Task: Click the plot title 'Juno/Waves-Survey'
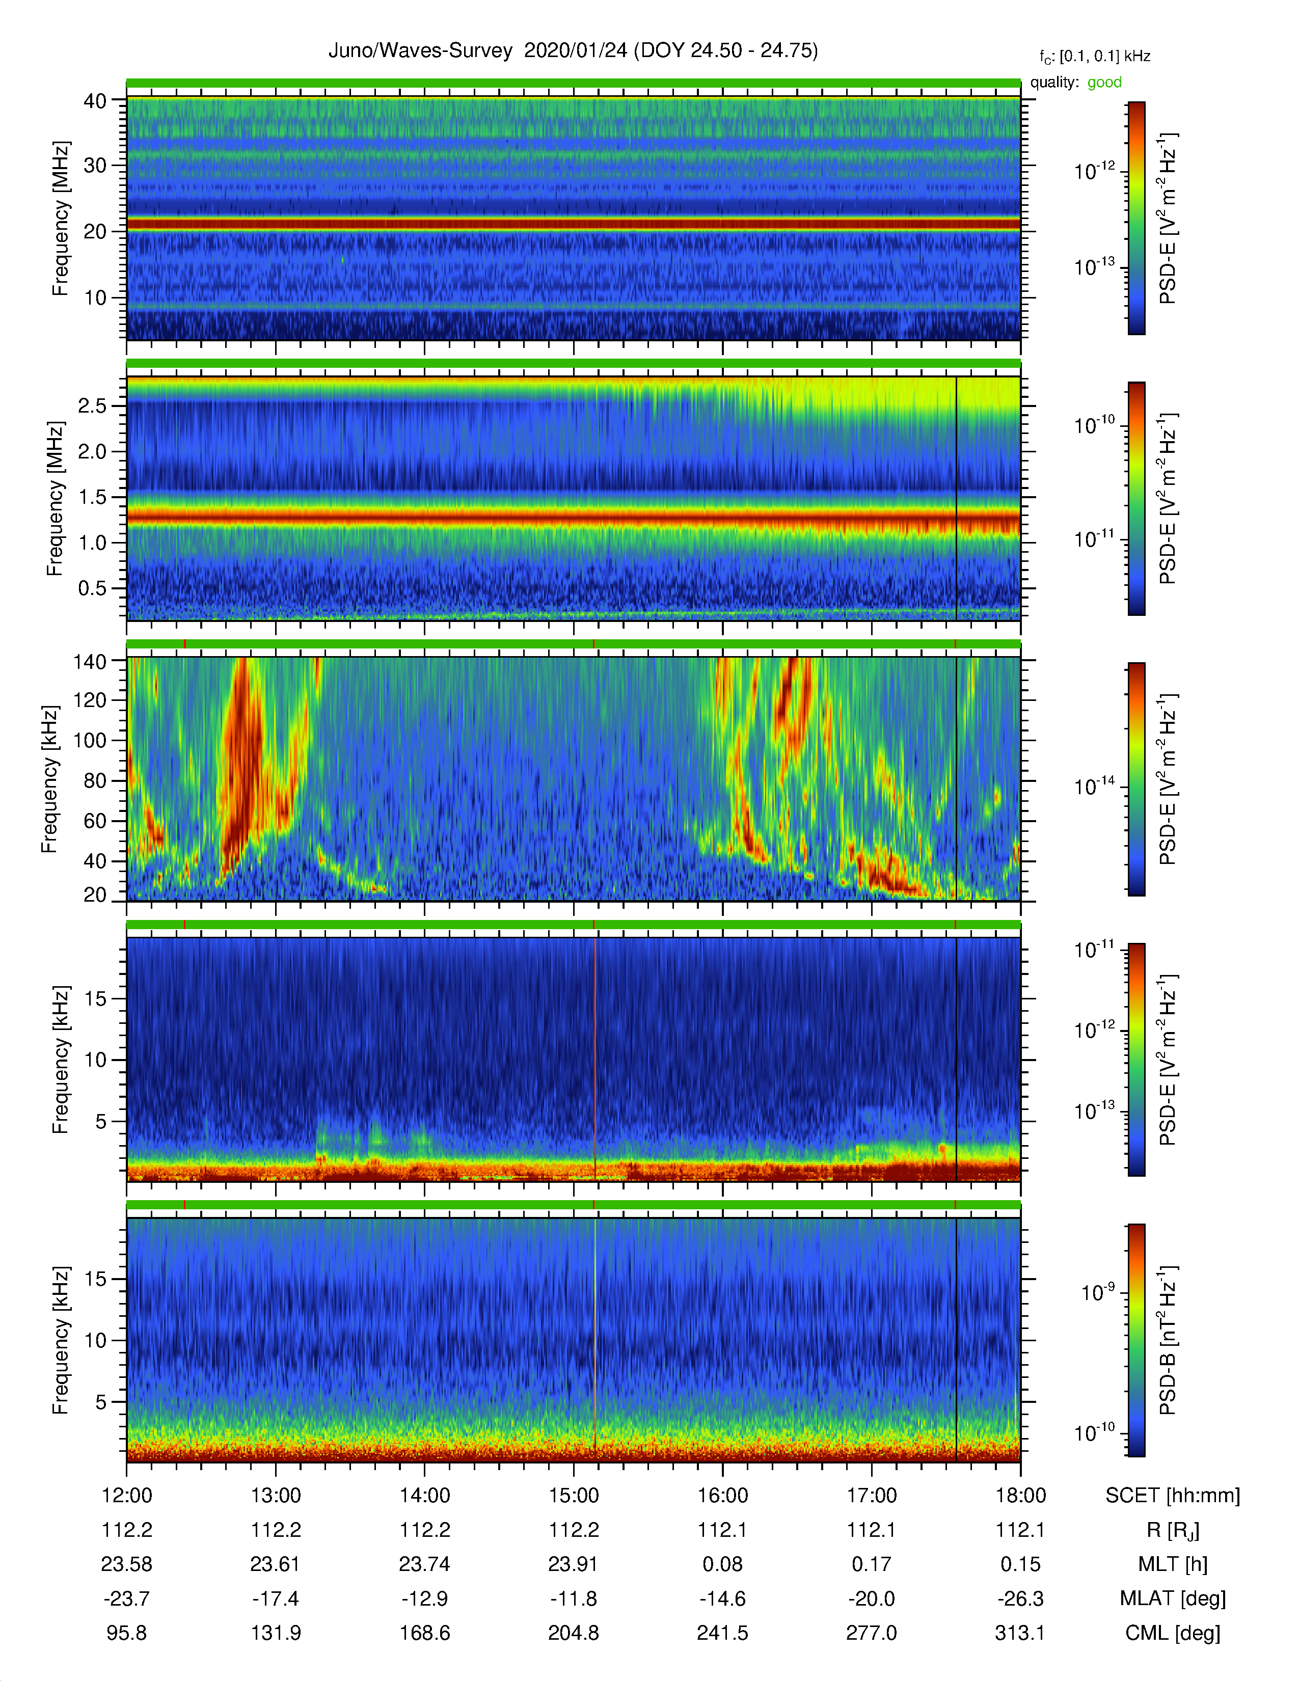pos(420,51)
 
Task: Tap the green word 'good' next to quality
pos(1104,83)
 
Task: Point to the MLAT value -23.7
pos(126,1598)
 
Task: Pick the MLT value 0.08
pos(723,1564)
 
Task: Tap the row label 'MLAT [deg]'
pos(1172,1598)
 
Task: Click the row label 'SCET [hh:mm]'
pos(1173,1496)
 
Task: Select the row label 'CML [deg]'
pos(1173,1633)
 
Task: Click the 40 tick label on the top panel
pos(95,101)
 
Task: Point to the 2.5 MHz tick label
pos(92,405)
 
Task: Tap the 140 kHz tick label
pos(89,661)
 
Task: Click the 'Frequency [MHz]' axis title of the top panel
pos(60,219)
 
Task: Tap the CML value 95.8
pos(126,1633)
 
